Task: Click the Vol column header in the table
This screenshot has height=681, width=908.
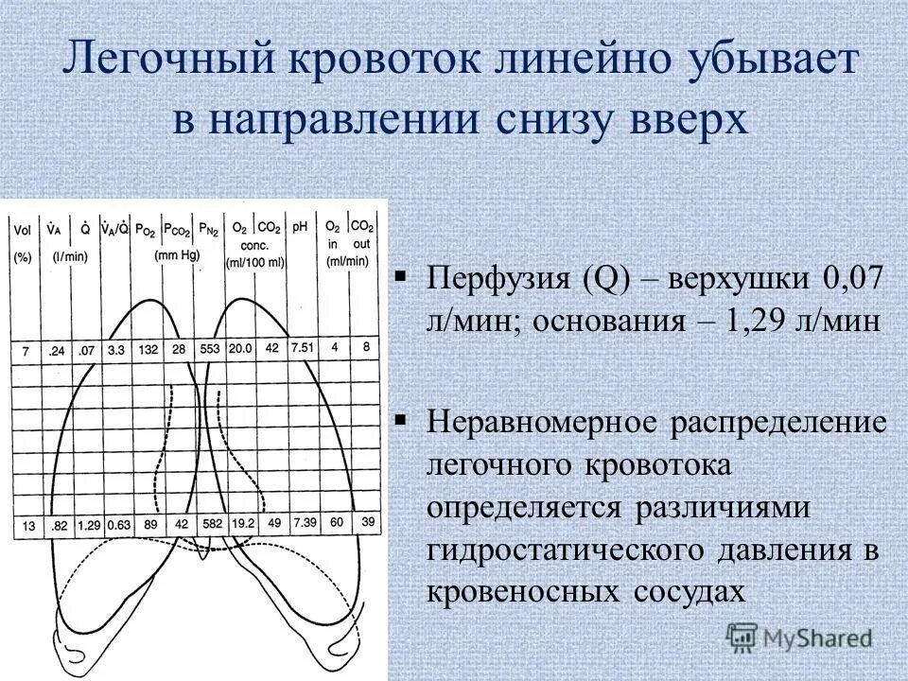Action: [22, 228]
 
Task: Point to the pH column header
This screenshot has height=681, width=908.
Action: [300, 228]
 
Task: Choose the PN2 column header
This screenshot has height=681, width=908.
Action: [207, 230]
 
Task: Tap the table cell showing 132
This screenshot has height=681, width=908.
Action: [147, 350]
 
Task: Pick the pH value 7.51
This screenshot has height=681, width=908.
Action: [302, 348]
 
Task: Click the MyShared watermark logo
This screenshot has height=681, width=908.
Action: [800, 637]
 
